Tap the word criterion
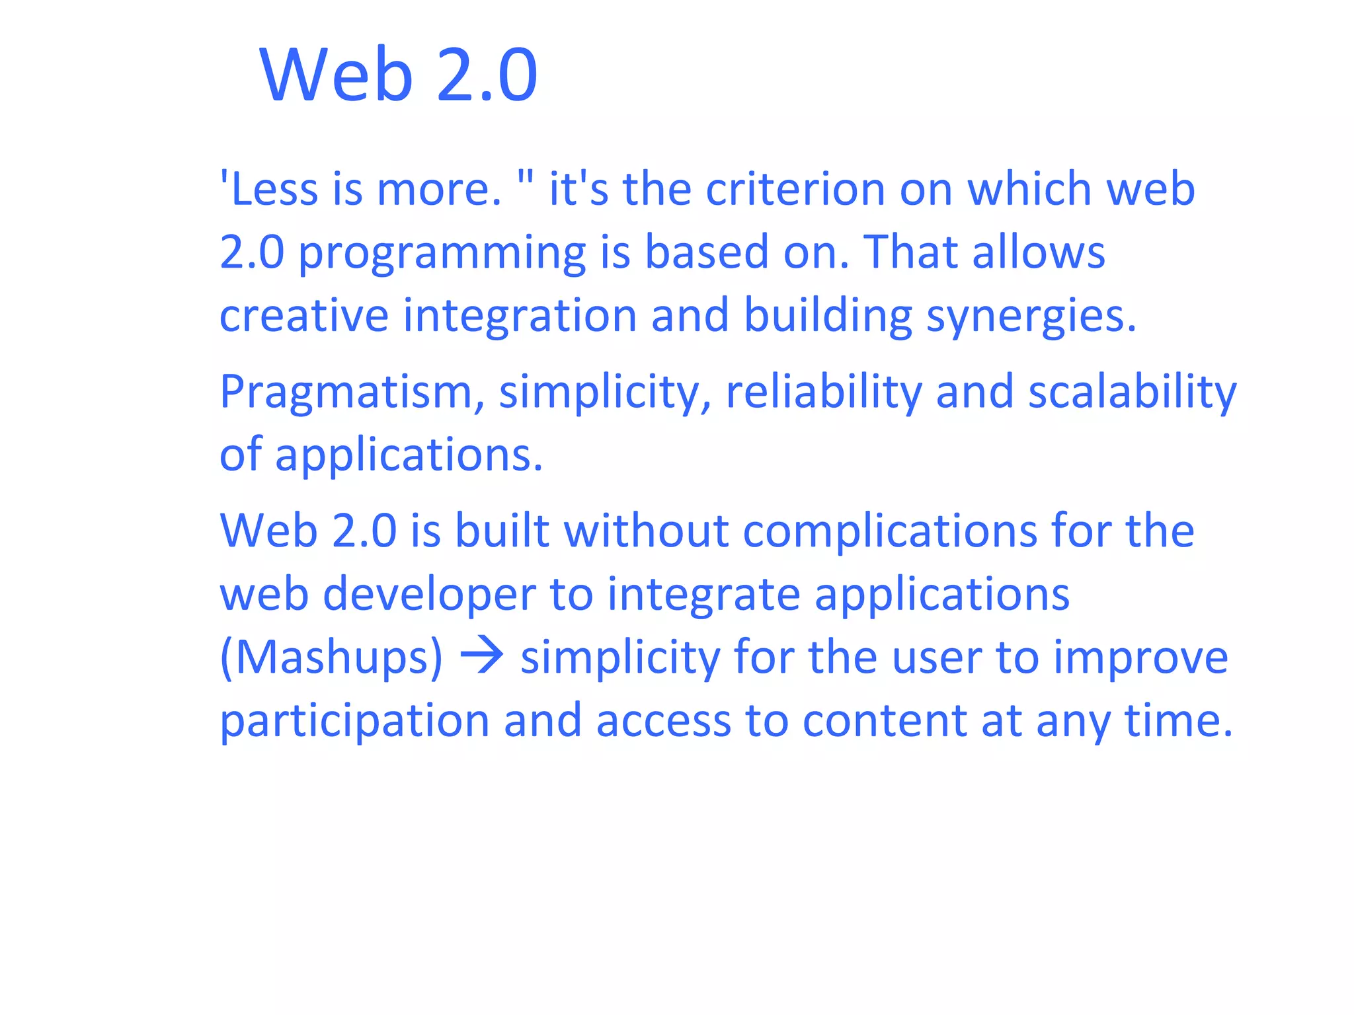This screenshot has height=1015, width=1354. pos(795,189)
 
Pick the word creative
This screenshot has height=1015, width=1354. pos(304,315)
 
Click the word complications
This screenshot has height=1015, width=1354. pos(890,532)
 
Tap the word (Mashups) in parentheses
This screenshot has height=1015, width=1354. pos(331,658)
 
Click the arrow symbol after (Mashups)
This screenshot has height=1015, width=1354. pos(482,657)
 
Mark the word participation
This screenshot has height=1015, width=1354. pos(354,722)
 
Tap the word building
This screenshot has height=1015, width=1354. pos(828,317)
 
